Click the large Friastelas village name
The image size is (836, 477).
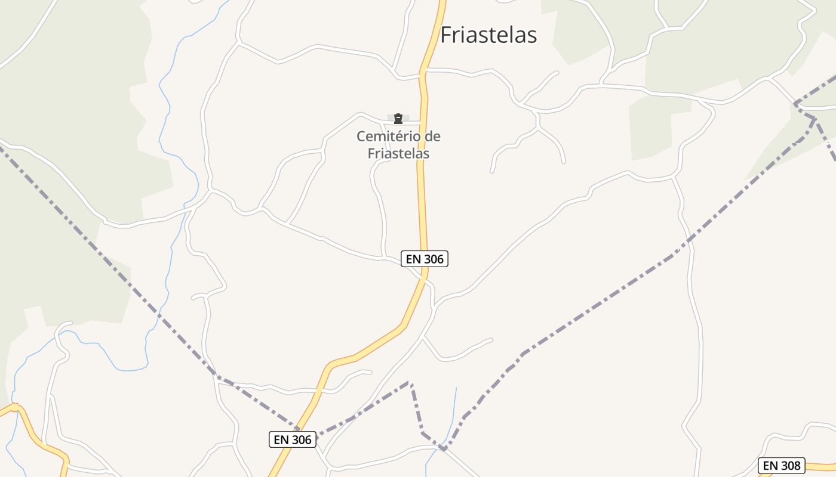pos(488,35)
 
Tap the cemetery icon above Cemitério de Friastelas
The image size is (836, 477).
pos(398,119)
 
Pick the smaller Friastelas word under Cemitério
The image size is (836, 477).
pos(398,153)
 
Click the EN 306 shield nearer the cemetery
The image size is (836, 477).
pos(424,259)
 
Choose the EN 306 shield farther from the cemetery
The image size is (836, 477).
pos(292,439)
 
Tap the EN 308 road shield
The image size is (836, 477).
pos(781,466)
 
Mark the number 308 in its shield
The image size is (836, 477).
pos(791,466)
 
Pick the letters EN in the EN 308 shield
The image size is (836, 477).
pos(770,466)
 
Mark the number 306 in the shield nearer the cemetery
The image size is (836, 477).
pos(433,259)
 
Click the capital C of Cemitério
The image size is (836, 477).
pos(361,137)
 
